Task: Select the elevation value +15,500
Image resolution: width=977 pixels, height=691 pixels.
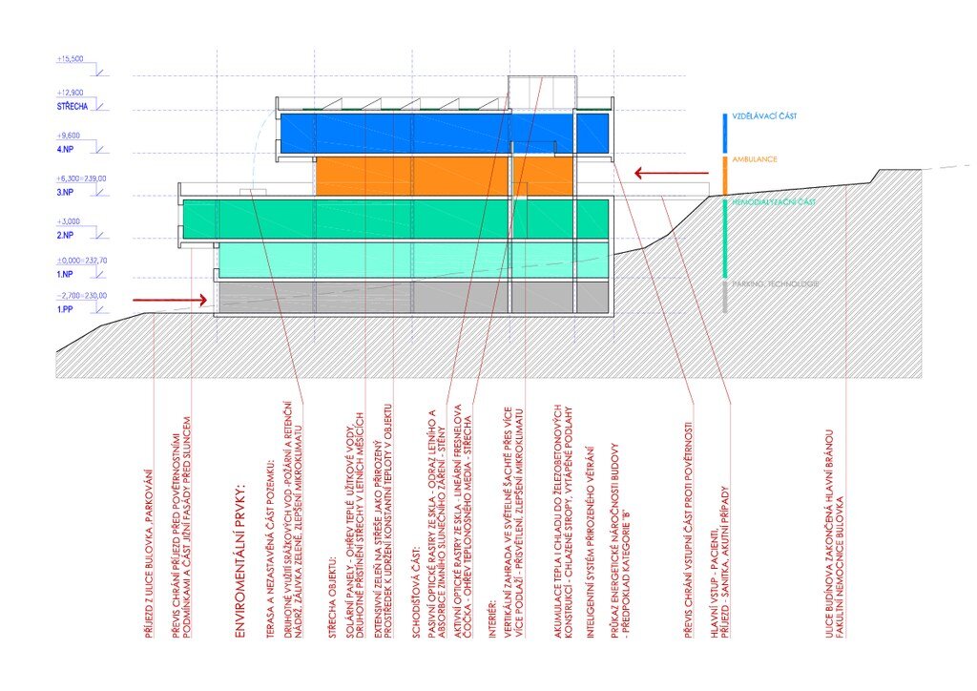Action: click(70, 59)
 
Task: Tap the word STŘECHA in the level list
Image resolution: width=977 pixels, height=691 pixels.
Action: click(73, 106)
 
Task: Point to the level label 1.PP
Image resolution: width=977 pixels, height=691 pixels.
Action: click(65, 310)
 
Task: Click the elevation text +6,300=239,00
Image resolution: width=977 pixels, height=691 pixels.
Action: click(82, 178)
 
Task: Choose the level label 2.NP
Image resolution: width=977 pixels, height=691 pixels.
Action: click(66, 235)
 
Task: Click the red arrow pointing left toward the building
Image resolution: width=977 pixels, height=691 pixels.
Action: click(672, 174)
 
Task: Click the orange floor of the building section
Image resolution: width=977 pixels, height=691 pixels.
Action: click(444, 176)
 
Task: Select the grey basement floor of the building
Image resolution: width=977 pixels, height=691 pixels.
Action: click(410, 296)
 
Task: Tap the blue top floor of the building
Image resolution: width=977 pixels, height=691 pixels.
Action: click(444, 134)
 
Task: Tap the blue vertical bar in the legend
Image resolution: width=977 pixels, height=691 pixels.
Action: click(725, 133)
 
